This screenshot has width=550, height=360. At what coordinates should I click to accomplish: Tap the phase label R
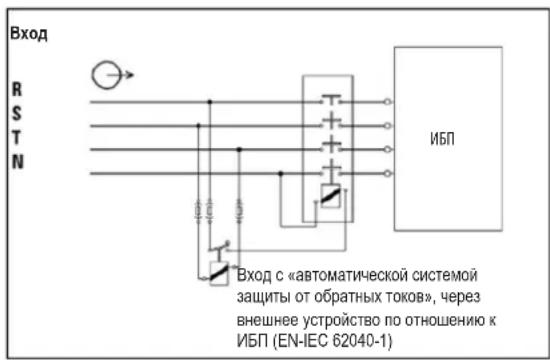[x=15, y=87]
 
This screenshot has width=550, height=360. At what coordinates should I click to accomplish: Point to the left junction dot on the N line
[x=281, y=173]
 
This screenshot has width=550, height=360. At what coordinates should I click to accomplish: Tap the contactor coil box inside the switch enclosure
[x=331, y=198]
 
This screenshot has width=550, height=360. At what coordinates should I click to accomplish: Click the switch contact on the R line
[x=331, y=101]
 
